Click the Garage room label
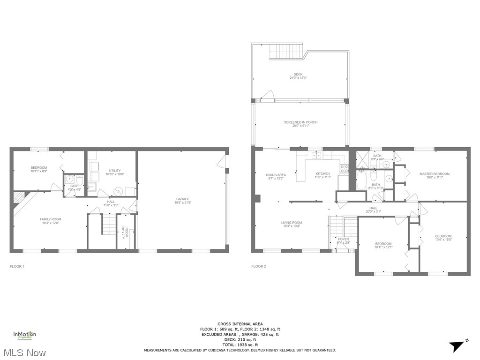(x=183, y=201)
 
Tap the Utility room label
(x=115, y=172)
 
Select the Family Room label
(x=50, y=221)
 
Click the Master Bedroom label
(x=434, y=175)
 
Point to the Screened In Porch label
(x=300, y=124)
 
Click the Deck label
(x=298, y=76)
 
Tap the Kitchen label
(x=323, y=175)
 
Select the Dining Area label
(x=277, y=176)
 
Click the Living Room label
(x=291, y=224)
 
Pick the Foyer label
(x=343, y=241)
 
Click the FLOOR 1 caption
(x=17, y=266)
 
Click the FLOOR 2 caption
(x=258, y=266)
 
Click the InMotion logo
(x=24, y=335)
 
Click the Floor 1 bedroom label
(x=39, y=169)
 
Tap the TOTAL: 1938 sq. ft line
(x=240, y=345)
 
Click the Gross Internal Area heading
(x=240, y=324)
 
